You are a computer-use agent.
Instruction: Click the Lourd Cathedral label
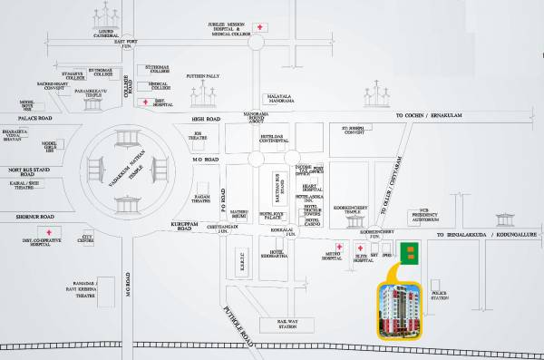[96, 33]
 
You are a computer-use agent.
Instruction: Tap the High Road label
[206, 119]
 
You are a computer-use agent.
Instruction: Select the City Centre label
[87, 241]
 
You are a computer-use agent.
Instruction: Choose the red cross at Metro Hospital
[338, 247]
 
